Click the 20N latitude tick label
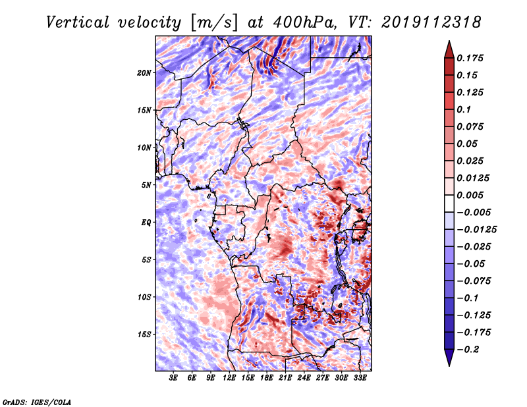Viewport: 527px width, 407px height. coord(144,73)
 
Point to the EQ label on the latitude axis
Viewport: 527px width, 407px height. coord(146,223)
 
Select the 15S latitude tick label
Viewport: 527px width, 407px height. coord(144,335)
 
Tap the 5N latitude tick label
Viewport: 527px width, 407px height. coord(146,185)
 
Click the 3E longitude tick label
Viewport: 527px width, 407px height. coord(173,378)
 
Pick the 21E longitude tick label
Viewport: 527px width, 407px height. coord(285,378)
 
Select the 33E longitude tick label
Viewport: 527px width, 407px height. coord(360,378)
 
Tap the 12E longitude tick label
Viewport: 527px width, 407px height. coord(229,378)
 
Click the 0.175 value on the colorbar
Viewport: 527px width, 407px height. coord(470,58)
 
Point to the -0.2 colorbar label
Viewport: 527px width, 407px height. coord(468,350)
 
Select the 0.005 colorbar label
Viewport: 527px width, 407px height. coord(470,195)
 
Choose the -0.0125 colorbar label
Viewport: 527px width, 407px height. coord(476,230)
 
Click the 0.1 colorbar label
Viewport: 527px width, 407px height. coord(464,109)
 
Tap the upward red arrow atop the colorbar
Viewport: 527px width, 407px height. coord(449,49)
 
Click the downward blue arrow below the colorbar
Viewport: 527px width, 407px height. coord(449,358)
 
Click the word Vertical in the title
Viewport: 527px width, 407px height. coord(78,22)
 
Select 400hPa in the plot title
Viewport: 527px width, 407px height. coord(304,22)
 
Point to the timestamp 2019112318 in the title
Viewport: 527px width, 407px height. coord(431,22)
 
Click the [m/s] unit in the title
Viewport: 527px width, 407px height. coord(214,23)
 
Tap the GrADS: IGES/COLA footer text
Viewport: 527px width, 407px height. coord(37,402)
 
